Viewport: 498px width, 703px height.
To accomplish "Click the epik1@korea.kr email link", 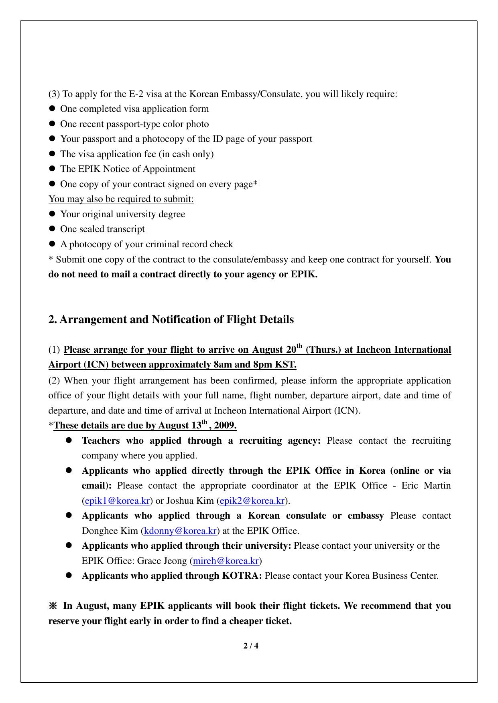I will [117, 501].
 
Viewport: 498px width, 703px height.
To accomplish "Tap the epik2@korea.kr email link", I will [252, 501].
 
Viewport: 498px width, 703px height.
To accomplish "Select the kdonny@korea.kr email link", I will [180, 531].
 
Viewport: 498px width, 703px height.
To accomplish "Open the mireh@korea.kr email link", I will [226, 561].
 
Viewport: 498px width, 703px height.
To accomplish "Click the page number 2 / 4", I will [251, 646].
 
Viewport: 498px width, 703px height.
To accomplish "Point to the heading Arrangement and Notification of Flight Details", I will [171, 319].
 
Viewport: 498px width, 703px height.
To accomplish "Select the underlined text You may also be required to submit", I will [121, 199].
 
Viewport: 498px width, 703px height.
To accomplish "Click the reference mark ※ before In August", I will [53, 606].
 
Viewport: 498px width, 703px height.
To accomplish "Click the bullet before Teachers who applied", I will [69, 440].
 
